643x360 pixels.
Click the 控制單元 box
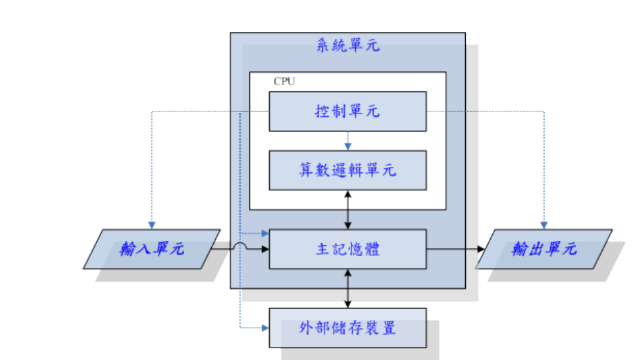(x=347, y=111)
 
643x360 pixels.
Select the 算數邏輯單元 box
(x=347, y=170)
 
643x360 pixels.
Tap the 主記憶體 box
(x=347, y=249)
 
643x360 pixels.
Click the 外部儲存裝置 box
(x=347, y=327)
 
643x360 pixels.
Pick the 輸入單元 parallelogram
(x=152, y=249)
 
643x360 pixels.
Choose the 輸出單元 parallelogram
(x=544, y=249)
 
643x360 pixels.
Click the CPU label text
(x=284, y=81)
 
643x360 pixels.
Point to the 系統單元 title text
(x=347, y=46)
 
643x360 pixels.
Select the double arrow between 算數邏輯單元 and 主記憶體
(x=347, y=209)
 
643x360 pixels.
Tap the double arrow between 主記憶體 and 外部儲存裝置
(x=347, y=288)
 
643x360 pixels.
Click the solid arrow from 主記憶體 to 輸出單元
(x=453, y=249)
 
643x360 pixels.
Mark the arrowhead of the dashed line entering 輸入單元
(x=152, y=225)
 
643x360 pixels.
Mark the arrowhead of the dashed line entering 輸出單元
(x=544, y=225)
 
